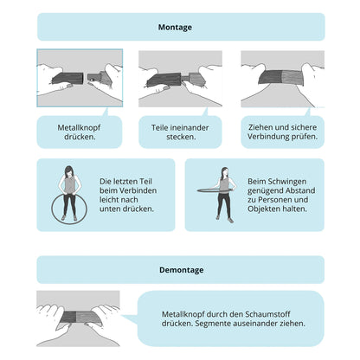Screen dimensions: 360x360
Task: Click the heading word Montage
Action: coord(175,28)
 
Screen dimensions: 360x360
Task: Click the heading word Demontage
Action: coord(182,270)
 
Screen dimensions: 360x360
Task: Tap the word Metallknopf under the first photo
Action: coord(79,127)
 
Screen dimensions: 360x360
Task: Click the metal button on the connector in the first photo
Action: coord(91,79)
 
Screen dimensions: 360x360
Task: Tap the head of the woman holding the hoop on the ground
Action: coord(68,171)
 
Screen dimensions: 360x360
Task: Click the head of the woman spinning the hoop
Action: coord(224,172)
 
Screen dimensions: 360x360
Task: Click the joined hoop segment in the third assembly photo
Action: coord(281,77)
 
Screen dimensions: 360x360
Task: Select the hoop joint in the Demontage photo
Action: coord(76,317)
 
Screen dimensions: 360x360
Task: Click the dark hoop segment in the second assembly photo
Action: coord(164,80)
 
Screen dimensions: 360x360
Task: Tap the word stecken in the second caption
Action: coord(181,137)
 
